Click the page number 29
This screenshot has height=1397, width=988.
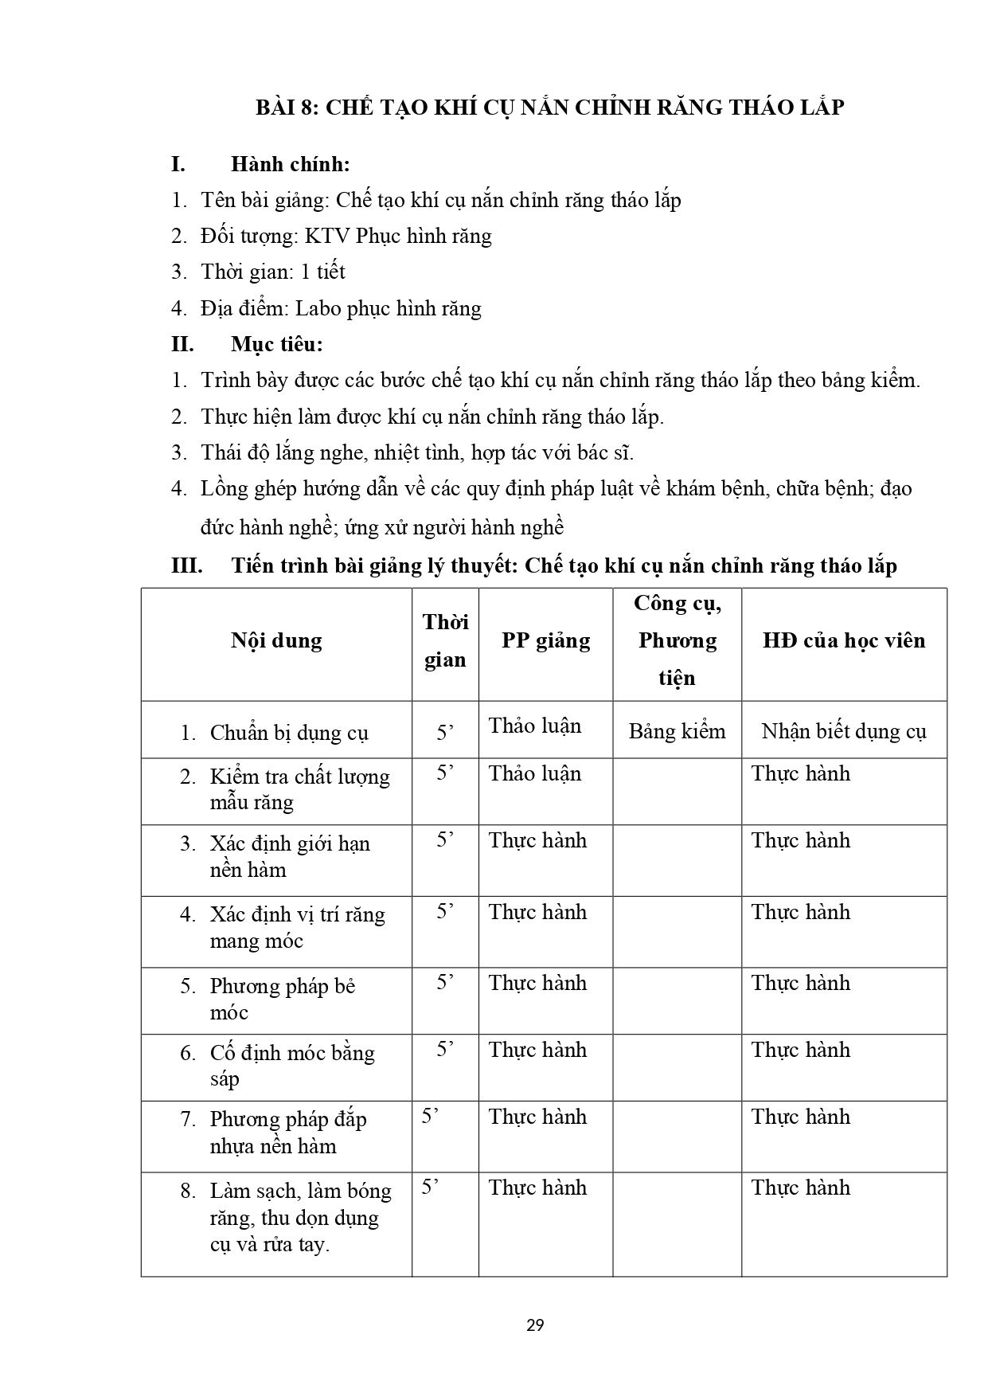point(535,1325)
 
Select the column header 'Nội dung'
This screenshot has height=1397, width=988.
point(276,641)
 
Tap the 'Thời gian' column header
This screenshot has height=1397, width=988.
point(445,641)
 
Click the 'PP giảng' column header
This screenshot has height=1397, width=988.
point(545,641)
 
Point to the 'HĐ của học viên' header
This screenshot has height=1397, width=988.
point(844,641)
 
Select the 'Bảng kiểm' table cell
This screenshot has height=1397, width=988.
point(677,731)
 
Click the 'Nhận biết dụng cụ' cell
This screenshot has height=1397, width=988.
point(844,731)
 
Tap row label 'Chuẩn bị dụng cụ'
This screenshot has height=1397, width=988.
point(288,733)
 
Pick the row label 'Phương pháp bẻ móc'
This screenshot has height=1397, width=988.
point(282,999)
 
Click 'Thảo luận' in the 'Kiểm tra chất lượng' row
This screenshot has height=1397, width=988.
point(535,773)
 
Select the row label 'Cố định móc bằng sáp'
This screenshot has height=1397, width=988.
point(291,1066)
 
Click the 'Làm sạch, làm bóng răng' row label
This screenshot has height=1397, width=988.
point(300,1217)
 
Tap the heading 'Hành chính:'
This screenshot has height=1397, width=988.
point(291,164)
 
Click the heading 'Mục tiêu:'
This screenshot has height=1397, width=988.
point(277,344)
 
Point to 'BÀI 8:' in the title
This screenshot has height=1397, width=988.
point(287,107)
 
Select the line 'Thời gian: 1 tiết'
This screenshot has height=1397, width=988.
point(272,272)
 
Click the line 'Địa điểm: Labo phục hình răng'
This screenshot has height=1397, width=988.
point(341,308)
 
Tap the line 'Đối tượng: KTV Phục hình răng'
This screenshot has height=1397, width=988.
point(346,236)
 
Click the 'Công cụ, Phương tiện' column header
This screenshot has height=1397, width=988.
point(677,641)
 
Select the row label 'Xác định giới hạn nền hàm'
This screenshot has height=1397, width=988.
point(290,856)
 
